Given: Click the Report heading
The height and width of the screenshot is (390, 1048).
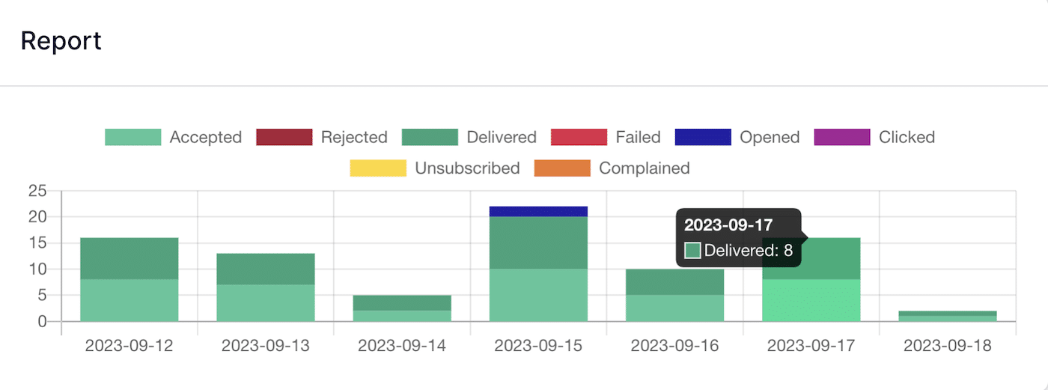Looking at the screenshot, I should tap(61, 41).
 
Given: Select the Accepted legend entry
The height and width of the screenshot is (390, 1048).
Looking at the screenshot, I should tap(173, 137).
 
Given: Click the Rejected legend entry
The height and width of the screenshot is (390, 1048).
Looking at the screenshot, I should tap(321, 137).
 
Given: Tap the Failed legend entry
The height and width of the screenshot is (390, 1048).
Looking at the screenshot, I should tap(605, 137).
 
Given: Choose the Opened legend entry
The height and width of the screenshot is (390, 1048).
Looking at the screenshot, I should tap(737, 137).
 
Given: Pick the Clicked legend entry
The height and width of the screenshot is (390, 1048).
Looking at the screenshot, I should tap(874, 137).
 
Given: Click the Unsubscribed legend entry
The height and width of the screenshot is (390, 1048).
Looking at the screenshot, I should tap(434, 168).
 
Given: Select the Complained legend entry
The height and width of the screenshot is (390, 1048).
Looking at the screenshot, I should tap(612, 168).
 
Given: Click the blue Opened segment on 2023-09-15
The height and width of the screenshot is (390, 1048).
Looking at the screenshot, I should tap(538, 211).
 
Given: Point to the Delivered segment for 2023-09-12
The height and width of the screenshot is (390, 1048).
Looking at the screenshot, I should tap(130, 258).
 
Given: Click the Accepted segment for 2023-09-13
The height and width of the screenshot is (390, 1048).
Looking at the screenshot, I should tap(266, 302).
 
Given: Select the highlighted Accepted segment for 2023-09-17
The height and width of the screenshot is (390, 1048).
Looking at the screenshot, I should tap(811, 300).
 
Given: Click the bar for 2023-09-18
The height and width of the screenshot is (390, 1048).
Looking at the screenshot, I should tap(948, 316).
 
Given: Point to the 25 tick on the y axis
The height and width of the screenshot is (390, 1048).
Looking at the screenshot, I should tap(37, 191).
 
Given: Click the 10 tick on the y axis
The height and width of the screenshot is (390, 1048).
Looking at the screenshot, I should tap(37, 269).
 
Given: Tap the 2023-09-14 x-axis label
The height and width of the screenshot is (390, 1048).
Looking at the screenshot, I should tap(402, 346).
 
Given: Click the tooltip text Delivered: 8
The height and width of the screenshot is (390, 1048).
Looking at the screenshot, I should tap(748, 251).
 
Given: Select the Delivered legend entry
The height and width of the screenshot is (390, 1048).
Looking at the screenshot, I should tap(469, 137).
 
